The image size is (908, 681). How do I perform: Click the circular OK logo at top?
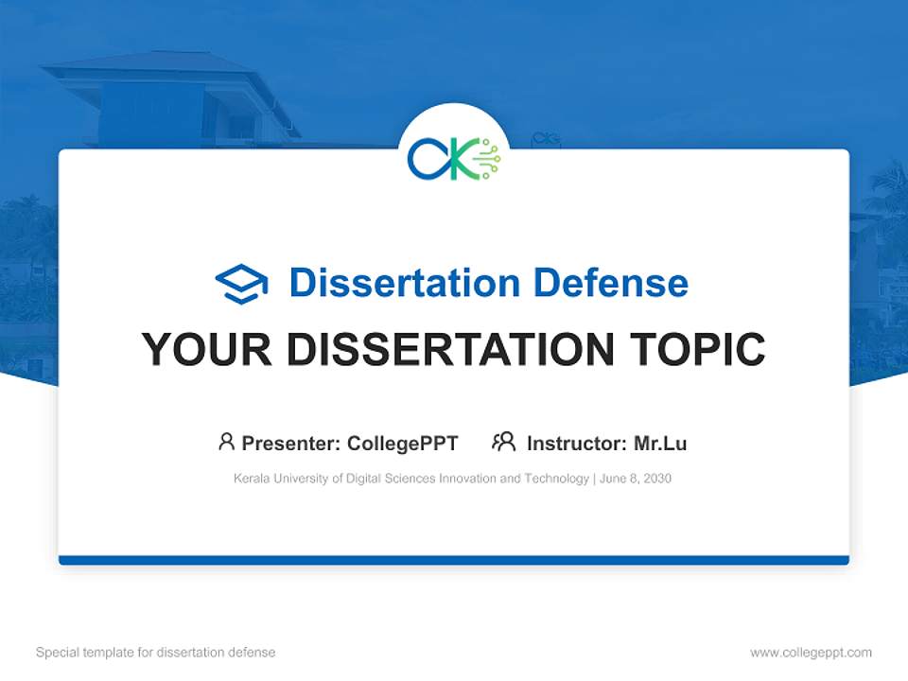pyautogui.click(x=454, y=158)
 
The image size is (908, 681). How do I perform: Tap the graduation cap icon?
pyautogui.click(x=242, y=284)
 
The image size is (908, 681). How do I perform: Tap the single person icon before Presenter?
pyautogui.click(x=226, y=442)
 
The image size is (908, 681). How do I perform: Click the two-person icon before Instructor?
pyautogui.click(x=504, y=442)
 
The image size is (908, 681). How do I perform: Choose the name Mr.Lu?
pyautogui.click(x=660, y=443)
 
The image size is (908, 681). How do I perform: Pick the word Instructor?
pyautogui.click(x=576, y=443)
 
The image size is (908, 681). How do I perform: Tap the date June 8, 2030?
pyautogui.click(x=636, y=479)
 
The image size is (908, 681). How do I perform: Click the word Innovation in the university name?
pyautogui.click(x=468, y=479)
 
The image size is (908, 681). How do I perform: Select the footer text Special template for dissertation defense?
pyautogui.click(x=155, y=653)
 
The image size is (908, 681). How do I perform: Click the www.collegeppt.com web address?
pyautogui.click(x=811, y=653)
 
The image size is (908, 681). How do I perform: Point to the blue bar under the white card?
pyautogui.click(x=454, y=560)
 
